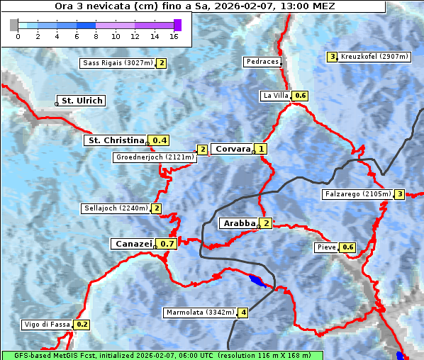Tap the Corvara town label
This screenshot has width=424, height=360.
[233, 149]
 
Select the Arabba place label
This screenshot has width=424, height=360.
[239, 223]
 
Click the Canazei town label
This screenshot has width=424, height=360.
[133, 243]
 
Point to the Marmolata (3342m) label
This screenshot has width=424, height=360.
[200, 313]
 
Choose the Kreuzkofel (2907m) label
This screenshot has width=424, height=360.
[374, 57]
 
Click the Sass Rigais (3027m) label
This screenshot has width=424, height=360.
[118, 63]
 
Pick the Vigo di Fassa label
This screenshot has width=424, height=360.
[48, 325]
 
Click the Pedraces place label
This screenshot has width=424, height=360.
[262, 62]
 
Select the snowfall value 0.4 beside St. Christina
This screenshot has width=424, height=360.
[160, 140]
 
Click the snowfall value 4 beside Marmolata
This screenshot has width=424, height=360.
[243, 313]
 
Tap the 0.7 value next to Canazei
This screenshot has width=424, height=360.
[167, 244]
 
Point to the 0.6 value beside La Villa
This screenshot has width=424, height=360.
[301, 96]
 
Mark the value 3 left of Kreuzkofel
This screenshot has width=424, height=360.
[332, 57]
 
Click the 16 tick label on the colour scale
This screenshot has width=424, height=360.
[174, 36]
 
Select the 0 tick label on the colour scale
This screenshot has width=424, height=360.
[18, 36]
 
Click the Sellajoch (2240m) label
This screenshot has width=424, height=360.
[116, 208]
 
